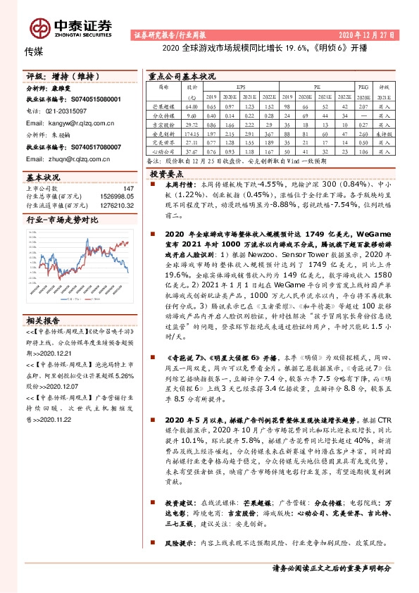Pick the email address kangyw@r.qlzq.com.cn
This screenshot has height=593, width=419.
[70, 122]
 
